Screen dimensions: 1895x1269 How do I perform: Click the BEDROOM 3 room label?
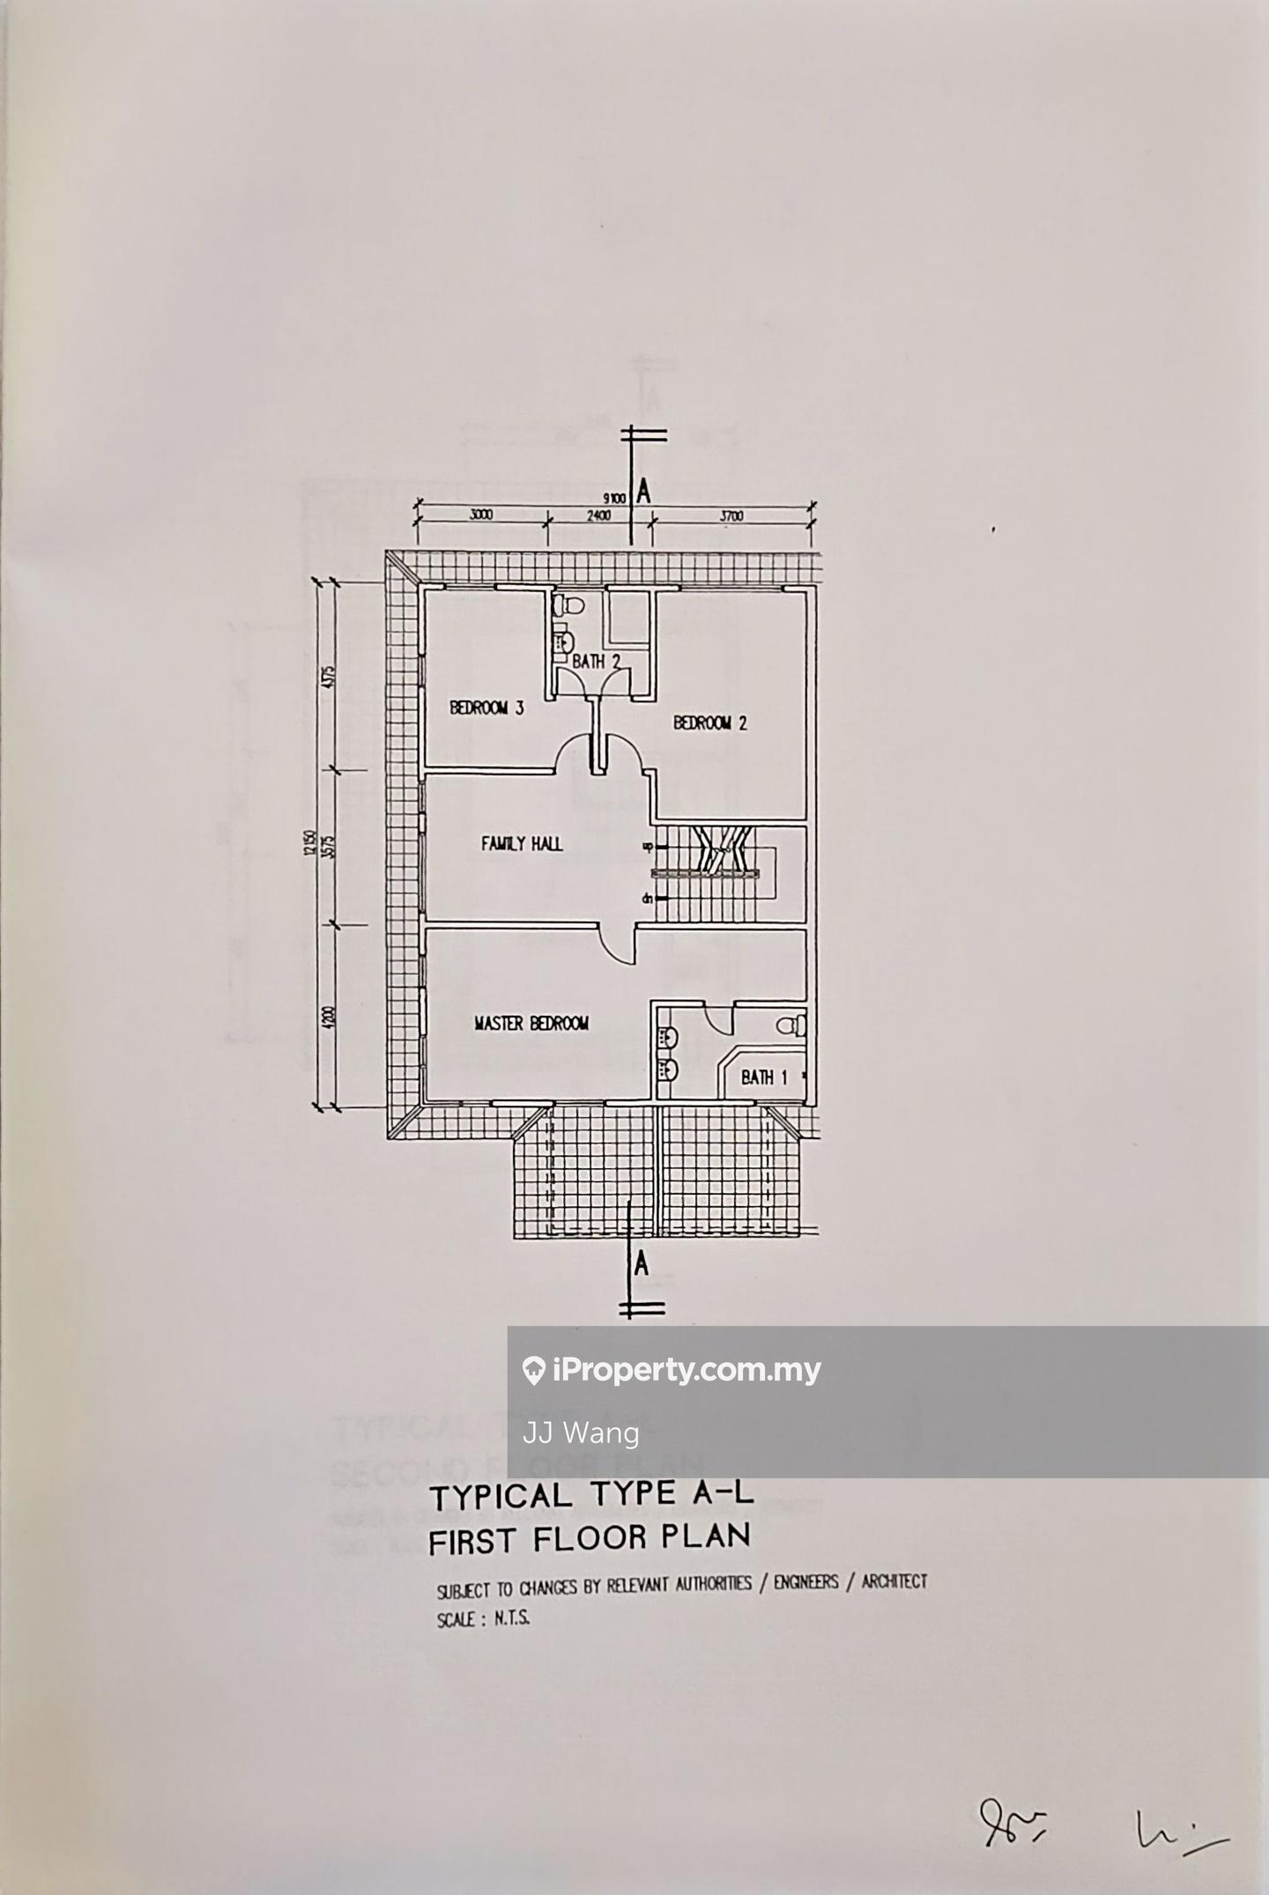pyautogui.click(x=486, y=707)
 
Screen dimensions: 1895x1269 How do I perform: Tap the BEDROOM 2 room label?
pyautogui.click(x=710, y=723)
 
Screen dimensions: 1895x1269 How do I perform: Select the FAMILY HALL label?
pyautogui.click(x=522, y=844)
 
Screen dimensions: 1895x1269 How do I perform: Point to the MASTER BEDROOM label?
pyautogui.click(x=531, y=1024)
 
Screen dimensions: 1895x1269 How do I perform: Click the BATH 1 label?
pyautogui.click(x=763, y=1077)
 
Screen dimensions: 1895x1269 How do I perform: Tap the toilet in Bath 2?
pyautogui.click(x=571, y=606)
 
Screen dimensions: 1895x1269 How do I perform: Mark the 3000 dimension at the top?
pyautogui.click(x=480, y=516)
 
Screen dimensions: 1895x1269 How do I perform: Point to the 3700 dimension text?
pyautogui.click(x=731, y=516)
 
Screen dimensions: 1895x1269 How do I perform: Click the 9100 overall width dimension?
pyautogui.click(x=615, y=499)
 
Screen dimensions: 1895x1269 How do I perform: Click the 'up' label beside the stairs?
pyautogui.click(x=647, y=847)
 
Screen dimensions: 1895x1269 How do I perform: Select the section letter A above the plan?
pyautogui.click(x=644, y=492)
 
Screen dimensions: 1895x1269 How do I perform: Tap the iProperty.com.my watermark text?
pyautogui.click(x=686, y=1371)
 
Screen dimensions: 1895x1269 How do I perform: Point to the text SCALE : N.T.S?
pyautogui.click(x=483, y=1619)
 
